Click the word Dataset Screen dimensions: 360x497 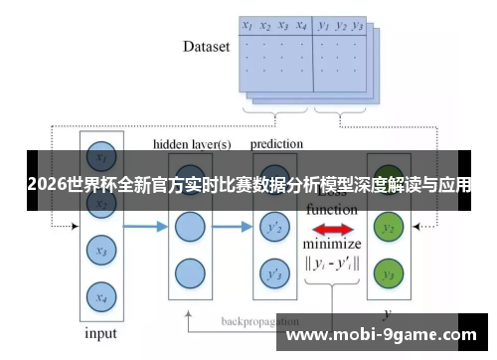pos(206,46)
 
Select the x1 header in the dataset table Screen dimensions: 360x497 pos(248,27)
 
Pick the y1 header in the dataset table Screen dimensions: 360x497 pos(323,27)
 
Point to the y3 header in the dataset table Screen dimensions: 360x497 pos(358,27)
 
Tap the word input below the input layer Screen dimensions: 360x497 pos(100,333)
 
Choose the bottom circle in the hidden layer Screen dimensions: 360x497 pos(189,271)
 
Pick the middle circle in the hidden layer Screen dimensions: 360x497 pos(189,227)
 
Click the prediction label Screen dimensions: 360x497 pos(276,143)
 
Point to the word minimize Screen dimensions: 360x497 pos(332,245)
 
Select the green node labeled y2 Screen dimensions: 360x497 pos(389,228)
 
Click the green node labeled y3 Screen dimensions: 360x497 pos(389,272)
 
